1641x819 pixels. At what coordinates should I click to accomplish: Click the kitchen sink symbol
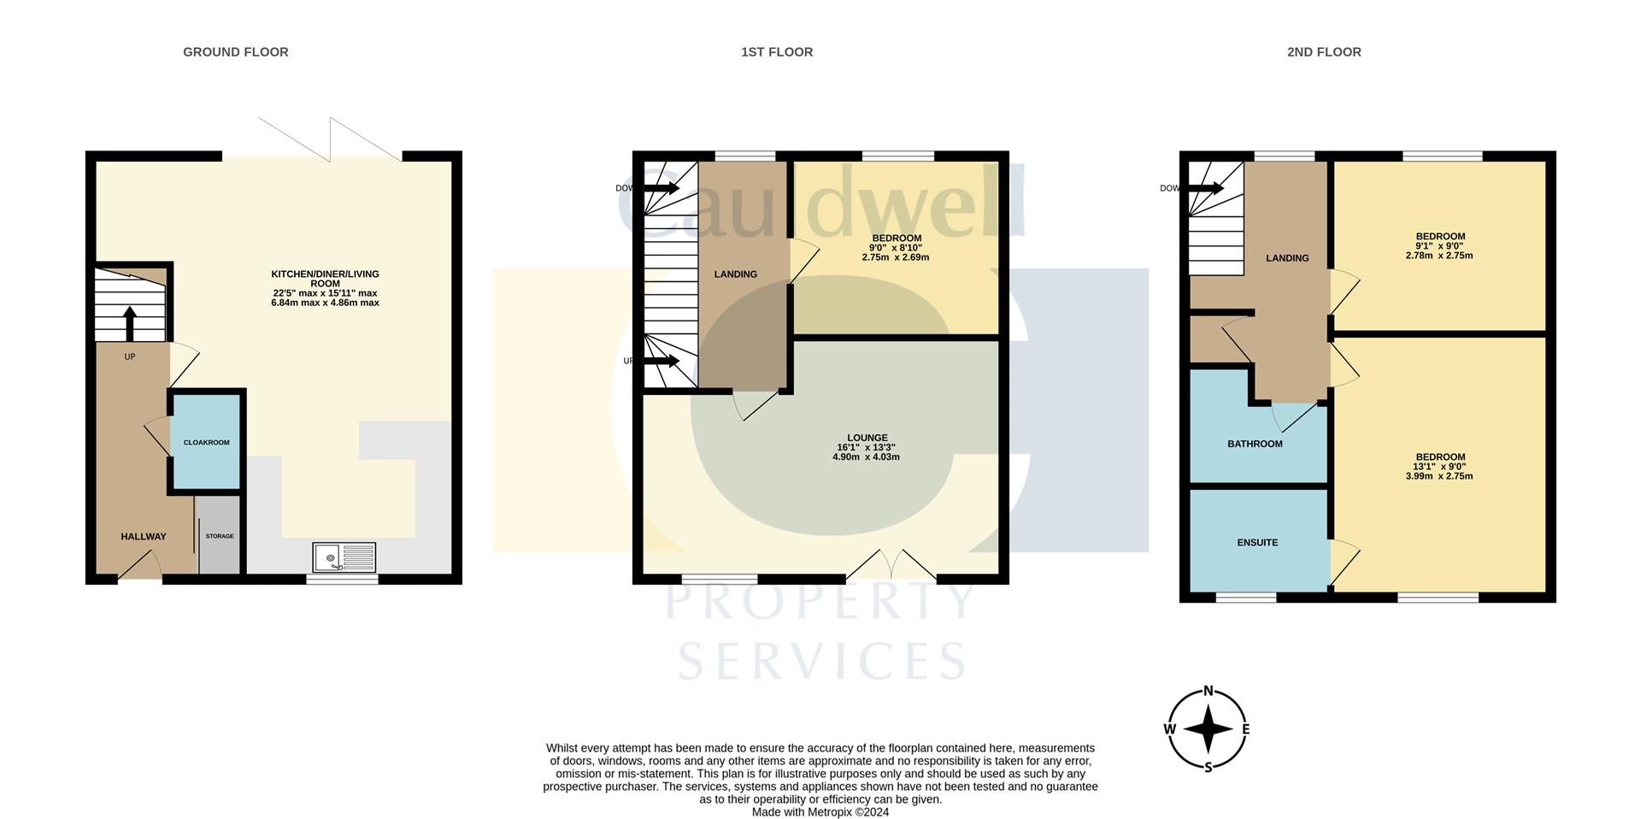(x=344, y=557)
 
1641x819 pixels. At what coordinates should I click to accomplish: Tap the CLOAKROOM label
(x=207, y=443)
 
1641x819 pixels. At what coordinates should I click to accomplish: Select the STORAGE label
(x=220, y=536)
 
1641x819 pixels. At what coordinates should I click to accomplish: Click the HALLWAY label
(x=144, y=537)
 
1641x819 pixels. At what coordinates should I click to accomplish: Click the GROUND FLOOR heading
(x=236, y=52)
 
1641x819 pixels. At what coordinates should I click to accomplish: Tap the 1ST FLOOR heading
(x=777, y=52)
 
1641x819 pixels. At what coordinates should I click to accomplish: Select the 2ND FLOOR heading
(x=1324, y=52)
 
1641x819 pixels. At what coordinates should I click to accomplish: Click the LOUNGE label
(x=867, y=438)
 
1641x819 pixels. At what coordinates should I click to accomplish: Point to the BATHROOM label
(x=1255, y=444)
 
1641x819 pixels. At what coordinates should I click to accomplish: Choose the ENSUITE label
(x=1257, y=543)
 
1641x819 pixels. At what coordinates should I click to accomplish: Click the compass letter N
(x=1209, y=691)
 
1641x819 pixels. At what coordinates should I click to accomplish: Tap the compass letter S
(x=1209, y=767)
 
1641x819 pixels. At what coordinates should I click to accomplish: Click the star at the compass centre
(x=1209, y=729)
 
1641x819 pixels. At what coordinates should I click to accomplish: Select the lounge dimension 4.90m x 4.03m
(x=867, y=457)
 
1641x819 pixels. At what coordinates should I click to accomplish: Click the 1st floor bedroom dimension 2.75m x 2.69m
(x=896, y=257)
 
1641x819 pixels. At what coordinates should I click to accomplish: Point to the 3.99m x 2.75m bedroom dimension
(x=1439, y=476)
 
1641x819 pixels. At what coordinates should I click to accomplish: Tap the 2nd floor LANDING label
(x=1287, y=258)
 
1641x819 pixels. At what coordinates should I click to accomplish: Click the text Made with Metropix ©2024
(x=820, y=812)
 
